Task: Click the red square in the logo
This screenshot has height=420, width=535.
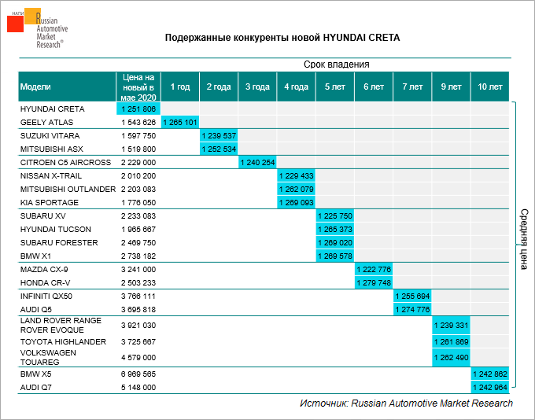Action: (x=16, y=24)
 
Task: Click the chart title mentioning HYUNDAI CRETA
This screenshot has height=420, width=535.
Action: (x=287, y=38)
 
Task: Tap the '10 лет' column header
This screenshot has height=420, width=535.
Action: (x=490, y=86)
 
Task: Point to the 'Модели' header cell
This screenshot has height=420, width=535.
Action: (x=36, y=86)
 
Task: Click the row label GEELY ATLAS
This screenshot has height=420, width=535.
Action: (x=46, y=122)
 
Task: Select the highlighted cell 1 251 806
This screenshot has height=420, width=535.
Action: (x=139, y=109)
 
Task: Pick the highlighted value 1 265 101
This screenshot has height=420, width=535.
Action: (x=180, y=122)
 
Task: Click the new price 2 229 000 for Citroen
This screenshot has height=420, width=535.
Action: (x=139, y=162)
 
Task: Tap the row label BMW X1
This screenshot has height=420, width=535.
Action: (x=37, y=256)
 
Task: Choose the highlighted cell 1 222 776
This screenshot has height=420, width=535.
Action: (x=374, y=269)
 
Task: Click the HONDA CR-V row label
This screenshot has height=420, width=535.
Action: (x=45, y=282)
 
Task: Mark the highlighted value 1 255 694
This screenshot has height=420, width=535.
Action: (x=412, y=296)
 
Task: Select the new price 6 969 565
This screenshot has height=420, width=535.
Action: (x=139, y=374)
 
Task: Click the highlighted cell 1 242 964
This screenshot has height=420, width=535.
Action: (x=489, y=388)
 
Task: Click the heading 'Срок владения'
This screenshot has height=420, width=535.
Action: (x=337, y=64)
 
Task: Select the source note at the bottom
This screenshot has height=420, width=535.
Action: (x=406, y=403)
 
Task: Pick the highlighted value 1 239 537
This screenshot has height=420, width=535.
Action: (x=219, y=135)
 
